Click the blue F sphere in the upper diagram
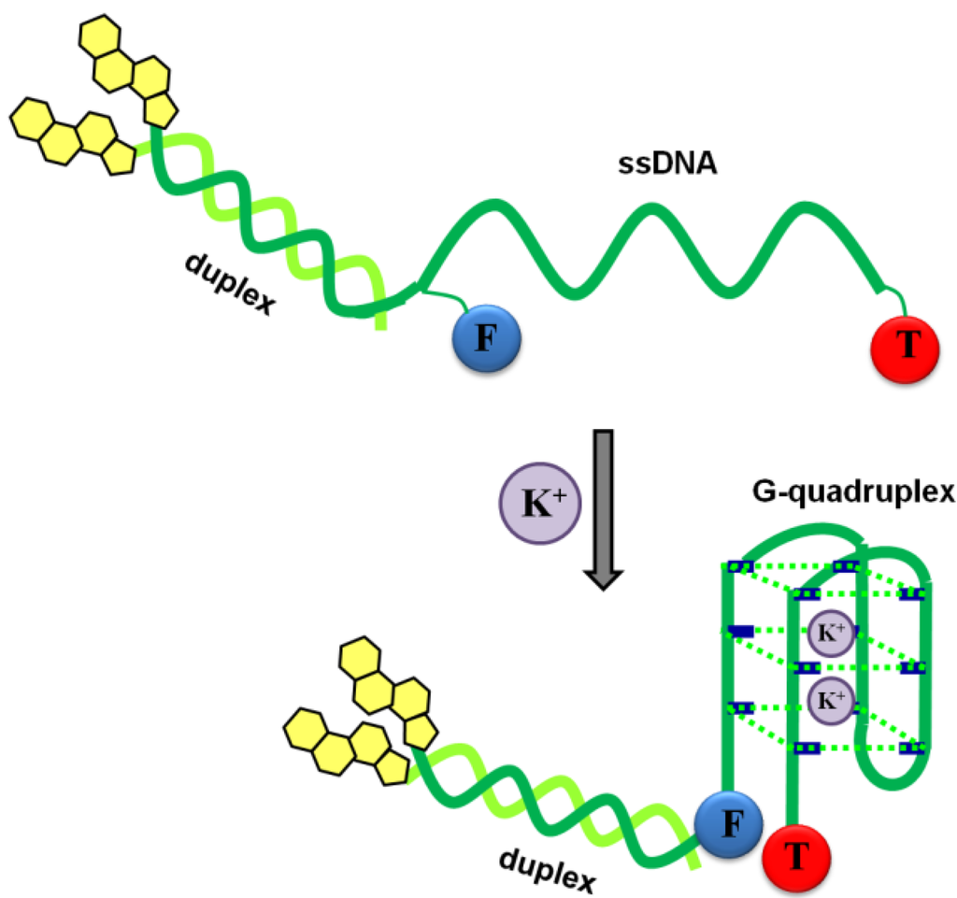pyautogui.click(x=486, y=337)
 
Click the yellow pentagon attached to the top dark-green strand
pyautogui.click(x=160, y=108)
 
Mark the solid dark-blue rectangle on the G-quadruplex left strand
pyautogui.click(x=740, y=632)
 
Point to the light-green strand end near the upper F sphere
pyautogui.click(x=381, y=323)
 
